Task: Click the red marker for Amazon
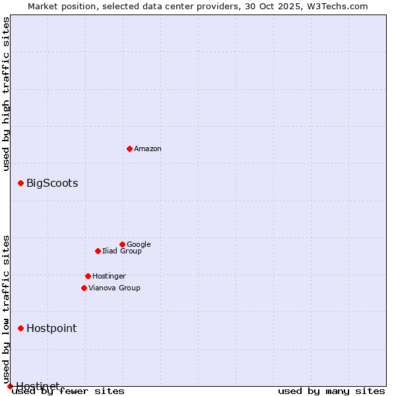click(129, 148)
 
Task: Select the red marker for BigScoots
click(20, 183)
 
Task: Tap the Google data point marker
click(122, 244)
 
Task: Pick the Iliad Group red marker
click(98, 251)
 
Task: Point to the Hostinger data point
click(88, 276)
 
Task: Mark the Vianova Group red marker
click(84, 288)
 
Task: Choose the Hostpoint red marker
click(20, 328)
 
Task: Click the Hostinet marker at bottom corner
click(10, 386)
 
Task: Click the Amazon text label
click(148, 149)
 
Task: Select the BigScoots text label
click(52, 183)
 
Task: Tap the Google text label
click(139, 244)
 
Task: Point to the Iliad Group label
click(122, 251)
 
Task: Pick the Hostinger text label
click(109, 276)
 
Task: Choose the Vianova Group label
click(114, 288)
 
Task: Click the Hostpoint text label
click(51, 329)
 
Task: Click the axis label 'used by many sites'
click(331, 391)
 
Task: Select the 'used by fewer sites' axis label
click(69, 391)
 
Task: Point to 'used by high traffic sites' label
click(6, 94)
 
